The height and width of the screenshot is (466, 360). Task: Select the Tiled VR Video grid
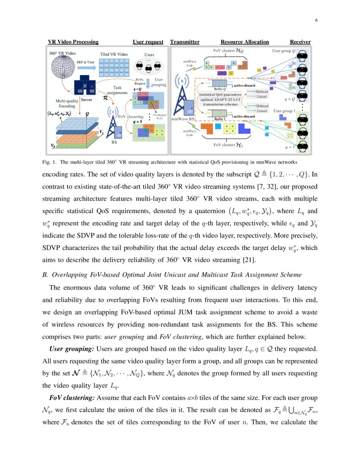(113, 67)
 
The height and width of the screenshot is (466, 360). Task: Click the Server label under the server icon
(87, 100)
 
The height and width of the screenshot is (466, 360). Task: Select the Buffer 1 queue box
(219, 114)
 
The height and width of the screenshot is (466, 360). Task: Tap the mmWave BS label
(183, 120)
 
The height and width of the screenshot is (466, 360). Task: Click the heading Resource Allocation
(244, 42)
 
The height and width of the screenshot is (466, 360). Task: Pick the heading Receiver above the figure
(300, 42)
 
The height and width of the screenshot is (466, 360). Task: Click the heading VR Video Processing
(73, 42)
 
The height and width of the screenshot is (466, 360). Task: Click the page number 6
(316, 20)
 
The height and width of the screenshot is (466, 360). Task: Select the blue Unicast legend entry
(262, 96)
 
